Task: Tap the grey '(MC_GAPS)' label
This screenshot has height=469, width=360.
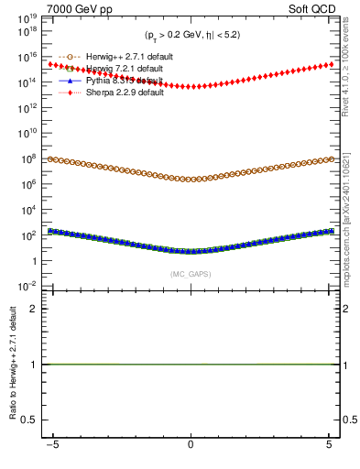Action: coord(191,274)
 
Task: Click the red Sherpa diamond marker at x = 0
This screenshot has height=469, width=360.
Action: coord(191,87)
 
